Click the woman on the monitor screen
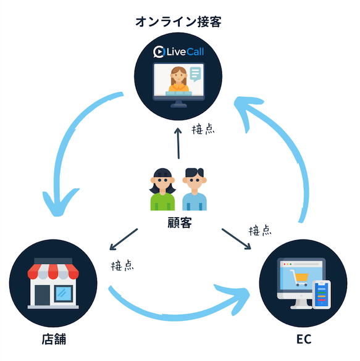(x=178, y=79)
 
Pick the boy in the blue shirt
(x=195, y=189)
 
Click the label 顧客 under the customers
(x=179, y=223)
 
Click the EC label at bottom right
(x=303, y=339)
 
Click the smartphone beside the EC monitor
(x=322, y=295)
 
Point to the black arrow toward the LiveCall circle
(x=178, y=142)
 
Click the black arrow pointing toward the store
(x=123, y=240)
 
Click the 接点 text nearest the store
(x=122, y=266)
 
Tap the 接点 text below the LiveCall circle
(x=203, y=130)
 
